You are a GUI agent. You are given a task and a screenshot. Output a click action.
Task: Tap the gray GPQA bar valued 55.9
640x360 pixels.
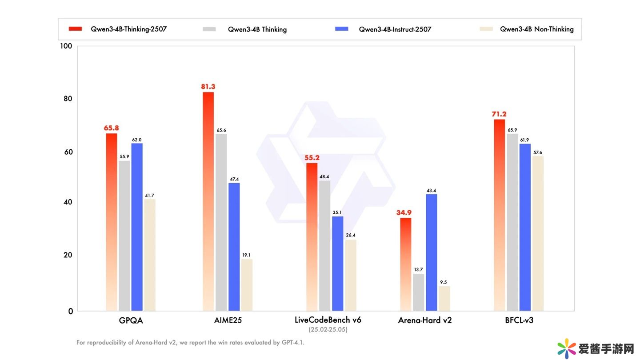(124, 236)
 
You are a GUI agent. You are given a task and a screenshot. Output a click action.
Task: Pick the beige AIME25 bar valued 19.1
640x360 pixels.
(247, 285)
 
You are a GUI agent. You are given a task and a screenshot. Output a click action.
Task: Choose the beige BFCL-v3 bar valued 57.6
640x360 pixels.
(538, 233)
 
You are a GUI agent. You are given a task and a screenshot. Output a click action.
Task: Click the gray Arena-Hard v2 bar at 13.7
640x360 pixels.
(418, 292)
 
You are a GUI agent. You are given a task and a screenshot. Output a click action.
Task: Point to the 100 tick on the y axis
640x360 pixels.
(66, 46)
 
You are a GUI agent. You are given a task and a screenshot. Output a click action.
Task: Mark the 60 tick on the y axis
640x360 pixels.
(68, 152)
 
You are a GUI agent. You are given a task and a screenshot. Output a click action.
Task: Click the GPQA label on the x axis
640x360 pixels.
(131, 320)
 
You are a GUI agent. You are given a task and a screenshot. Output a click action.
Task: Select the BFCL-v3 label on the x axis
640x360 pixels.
(519, 320)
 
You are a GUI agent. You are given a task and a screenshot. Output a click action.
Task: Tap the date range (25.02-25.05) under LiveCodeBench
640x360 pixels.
(328, 330)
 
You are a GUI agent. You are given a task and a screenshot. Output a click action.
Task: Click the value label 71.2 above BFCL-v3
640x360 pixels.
(499, 114)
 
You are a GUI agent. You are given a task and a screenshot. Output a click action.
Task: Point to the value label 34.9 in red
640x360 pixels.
(404, 213)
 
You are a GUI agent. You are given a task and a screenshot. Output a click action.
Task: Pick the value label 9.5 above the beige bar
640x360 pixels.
(444, 282)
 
